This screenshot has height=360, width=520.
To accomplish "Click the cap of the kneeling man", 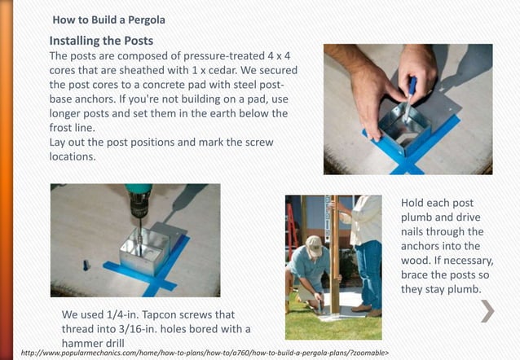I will [314, 241].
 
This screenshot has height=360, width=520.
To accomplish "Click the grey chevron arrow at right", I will [487, 310].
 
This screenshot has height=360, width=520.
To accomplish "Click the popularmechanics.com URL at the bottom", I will [204, 353].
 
